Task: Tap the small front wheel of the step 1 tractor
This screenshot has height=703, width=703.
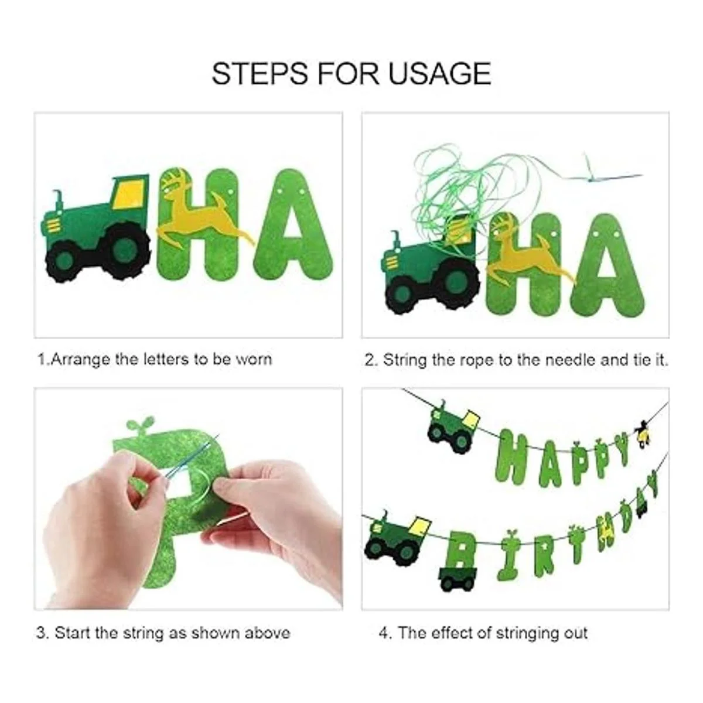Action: click(x=65, y=261)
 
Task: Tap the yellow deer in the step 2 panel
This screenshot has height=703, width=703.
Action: click(x=528, y=255)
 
